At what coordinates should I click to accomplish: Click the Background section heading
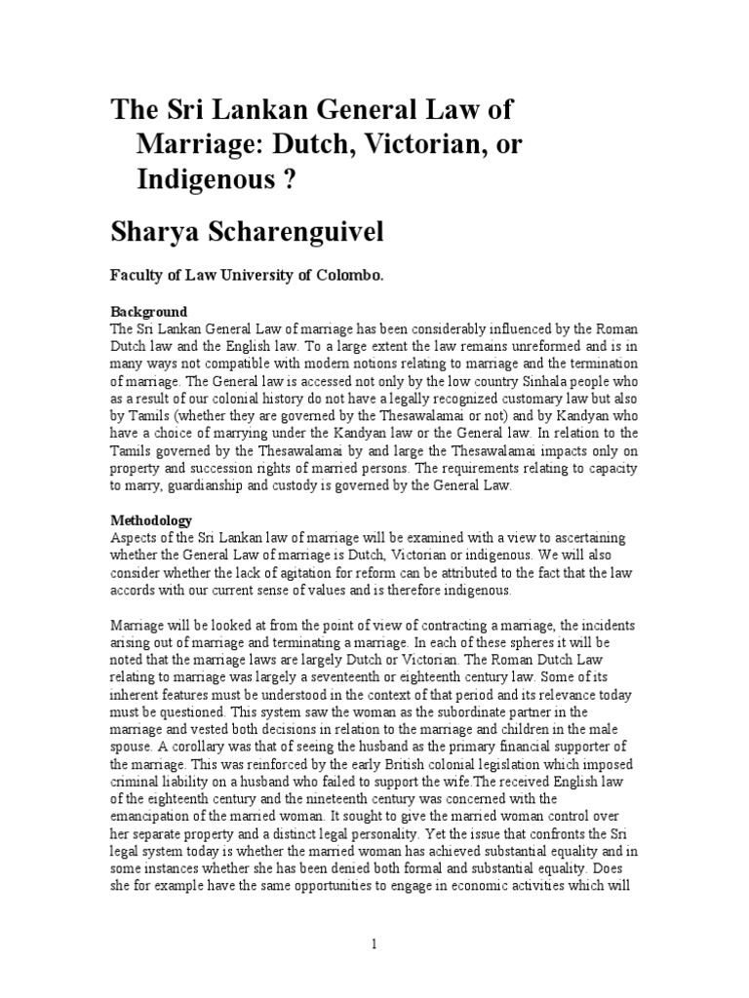146,310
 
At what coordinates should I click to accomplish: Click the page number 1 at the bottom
374,943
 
